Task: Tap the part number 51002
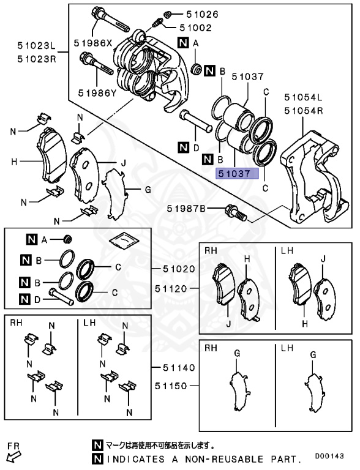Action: [196, 28]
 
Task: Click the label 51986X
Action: [93, 43]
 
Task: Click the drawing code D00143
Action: [334, 456]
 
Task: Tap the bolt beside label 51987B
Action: [236, 213]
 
